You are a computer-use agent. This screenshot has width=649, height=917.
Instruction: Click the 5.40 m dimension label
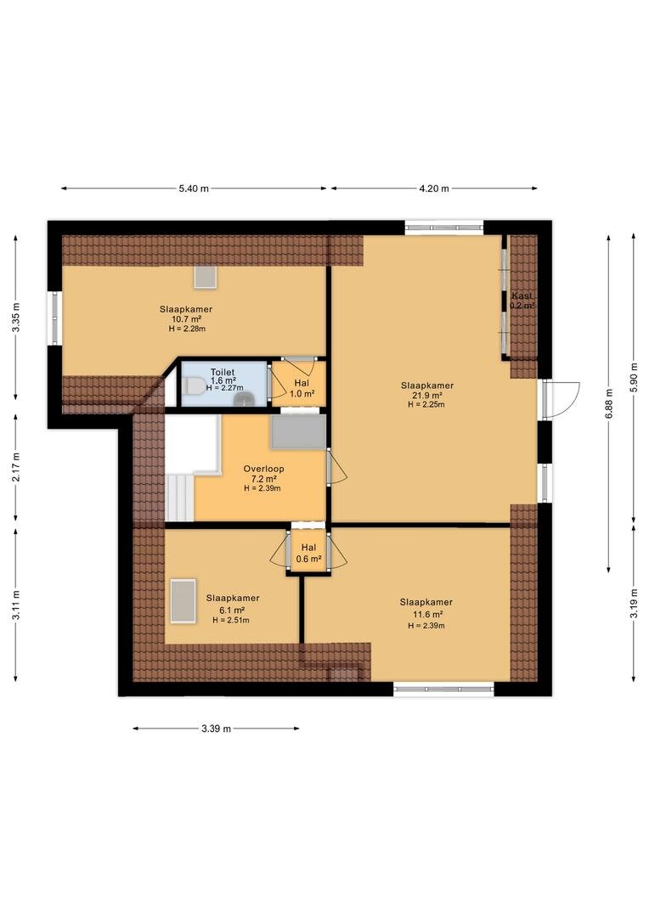point(194,188)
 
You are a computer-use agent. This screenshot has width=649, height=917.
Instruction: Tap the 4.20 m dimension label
point(434,188)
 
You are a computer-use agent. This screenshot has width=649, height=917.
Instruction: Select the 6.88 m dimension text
point(609,403)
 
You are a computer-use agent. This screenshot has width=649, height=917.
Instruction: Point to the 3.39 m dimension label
point(216,729)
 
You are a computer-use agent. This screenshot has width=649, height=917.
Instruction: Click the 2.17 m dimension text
point(16,467)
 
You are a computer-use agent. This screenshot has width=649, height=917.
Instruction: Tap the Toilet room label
point(223,372)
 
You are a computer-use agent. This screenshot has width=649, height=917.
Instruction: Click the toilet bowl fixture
point(193,386)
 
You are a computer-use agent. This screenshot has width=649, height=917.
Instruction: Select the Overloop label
point(264,469)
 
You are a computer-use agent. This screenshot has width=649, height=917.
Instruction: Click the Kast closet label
point(522,296)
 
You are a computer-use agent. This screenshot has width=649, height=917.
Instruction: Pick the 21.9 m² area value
point(427,396)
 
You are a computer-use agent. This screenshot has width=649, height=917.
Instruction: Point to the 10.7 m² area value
point(186,319)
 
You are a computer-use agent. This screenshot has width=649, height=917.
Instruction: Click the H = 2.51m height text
point(230,621)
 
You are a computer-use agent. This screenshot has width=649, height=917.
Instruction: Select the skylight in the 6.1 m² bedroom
point(183,601)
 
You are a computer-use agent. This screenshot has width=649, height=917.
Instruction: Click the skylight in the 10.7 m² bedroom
point(206,276)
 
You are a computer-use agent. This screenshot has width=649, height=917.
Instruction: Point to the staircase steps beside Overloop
point(179,497)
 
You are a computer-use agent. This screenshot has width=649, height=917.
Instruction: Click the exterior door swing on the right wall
point(562,399)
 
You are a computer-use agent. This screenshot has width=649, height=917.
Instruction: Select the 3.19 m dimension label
point(635,604)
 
